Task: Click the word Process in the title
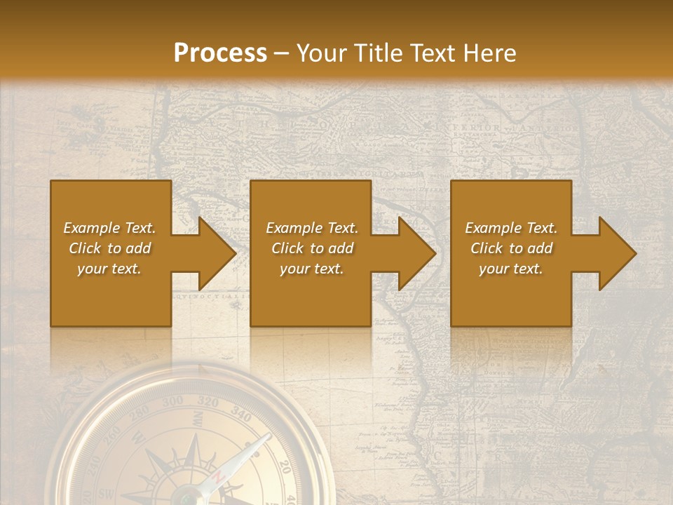point(220,53)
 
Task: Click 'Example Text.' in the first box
point(109,228)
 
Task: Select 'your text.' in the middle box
point(311,269)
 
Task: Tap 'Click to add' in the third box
point(511,248)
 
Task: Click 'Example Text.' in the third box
point(511,228)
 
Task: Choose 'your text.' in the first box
point(109,269)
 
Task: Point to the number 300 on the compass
point(173,402)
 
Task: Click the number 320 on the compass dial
point(208,402)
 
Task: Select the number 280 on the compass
point(141,412)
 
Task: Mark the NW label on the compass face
point(198,420)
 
